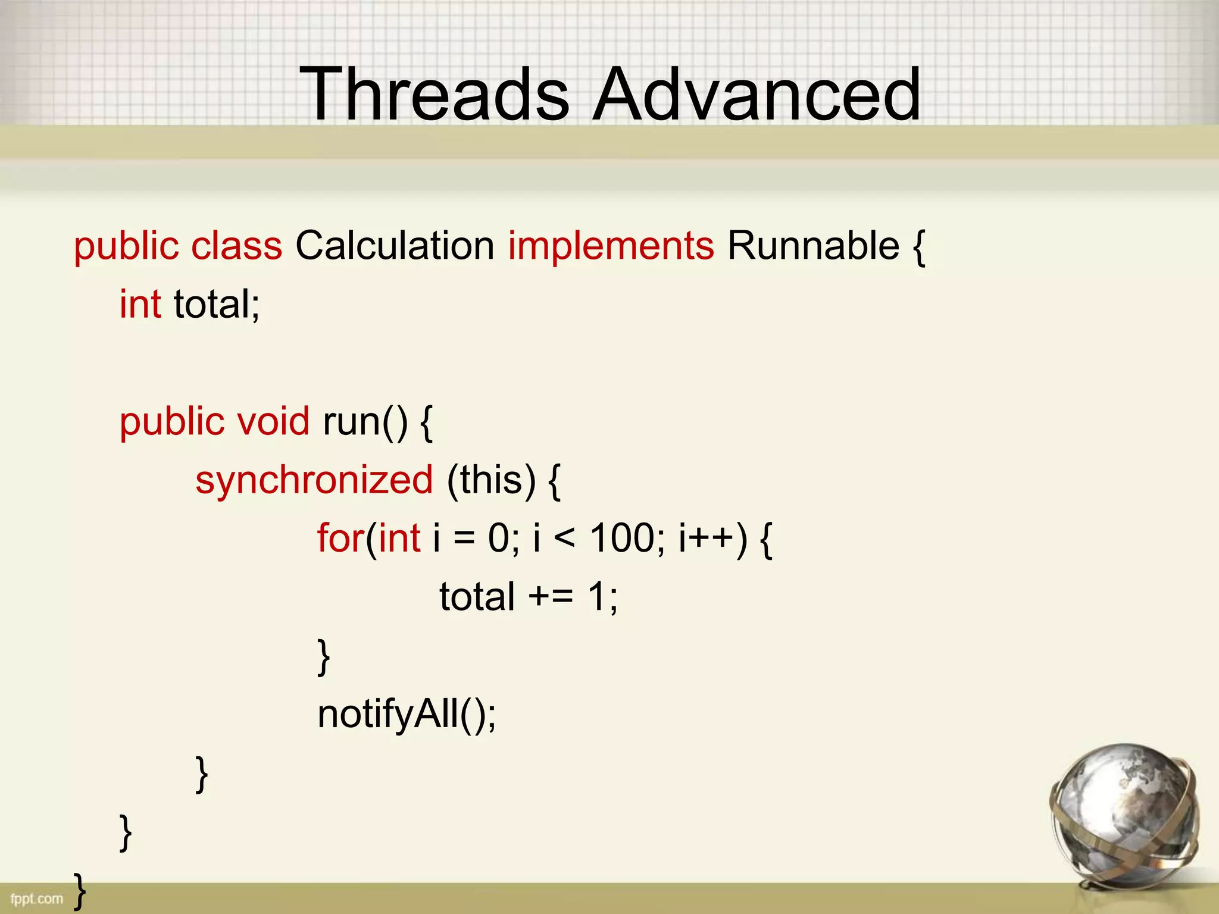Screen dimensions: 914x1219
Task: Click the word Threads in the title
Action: tap(435, 94)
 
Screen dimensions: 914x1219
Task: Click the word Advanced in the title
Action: tap(757, 94)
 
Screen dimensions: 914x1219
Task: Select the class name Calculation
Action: tap(395, 245)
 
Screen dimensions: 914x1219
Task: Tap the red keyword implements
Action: tap(611, 246)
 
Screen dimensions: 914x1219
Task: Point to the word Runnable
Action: tap(813, 245)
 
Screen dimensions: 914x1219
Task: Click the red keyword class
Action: tap(237, 245)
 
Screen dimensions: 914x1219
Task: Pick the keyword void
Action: tap(273, 421)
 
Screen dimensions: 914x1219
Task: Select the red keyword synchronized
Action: tap(314, 480)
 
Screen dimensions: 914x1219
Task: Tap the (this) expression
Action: tap(492, 480)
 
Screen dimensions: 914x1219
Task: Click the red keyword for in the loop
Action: tap(340, 538)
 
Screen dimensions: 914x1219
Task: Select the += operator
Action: tap(551, 596)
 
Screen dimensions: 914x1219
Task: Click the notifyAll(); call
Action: tap(407, 713)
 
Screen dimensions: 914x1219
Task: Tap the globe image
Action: tap(1125, 815)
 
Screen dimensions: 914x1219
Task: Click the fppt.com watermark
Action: tap(36, 899)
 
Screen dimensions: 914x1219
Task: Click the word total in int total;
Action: tap(211, 304)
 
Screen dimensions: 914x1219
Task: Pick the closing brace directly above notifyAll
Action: tap(324, 656)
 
